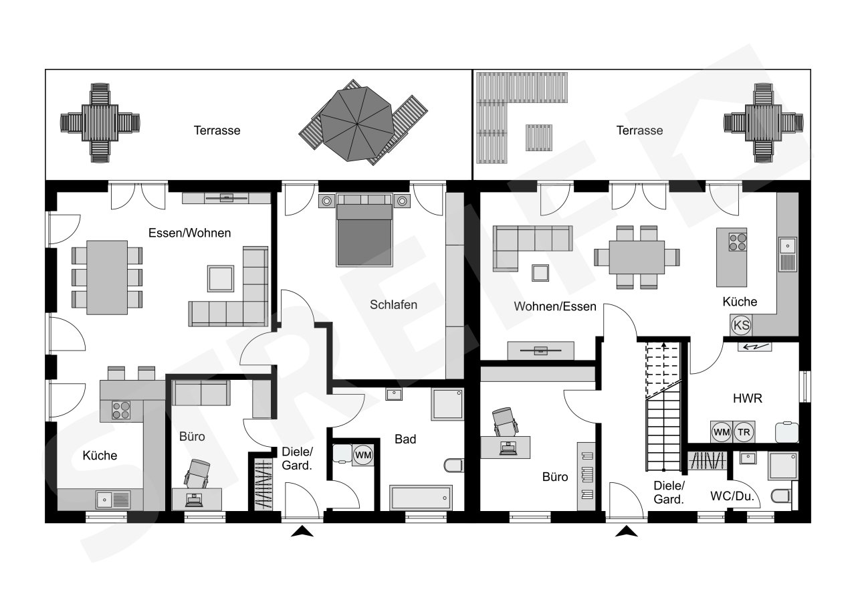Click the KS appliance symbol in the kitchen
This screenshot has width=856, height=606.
coord(741,325)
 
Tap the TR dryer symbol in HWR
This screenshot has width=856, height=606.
coord(743,432)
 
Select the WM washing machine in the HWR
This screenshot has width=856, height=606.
coord(722,432)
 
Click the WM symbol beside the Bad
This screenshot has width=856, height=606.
coord(363,455)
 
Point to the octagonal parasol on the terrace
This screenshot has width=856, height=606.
coord(357,124)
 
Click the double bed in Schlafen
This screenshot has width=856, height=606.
coord(364,229)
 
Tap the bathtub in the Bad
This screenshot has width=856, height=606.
coord(421,498)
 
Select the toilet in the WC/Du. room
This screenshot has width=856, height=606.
coord(784,496)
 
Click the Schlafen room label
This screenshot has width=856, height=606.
coord(393,304)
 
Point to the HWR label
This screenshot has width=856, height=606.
coord(748,399)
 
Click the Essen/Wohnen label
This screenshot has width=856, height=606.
coord(189,233)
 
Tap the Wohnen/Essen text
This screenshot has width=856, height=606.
coord(555,306)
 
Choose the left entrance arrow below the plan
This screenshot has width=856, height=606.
coord(302,531)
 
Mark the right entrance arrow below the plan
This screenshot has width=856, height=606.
coord(627,531)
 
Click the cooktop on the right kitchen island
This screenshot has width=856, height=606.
coord(738,242)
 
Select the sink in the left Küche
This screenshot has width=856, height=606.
coord(113,500)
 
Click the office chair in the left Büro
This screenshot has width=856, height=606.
coord(197,474)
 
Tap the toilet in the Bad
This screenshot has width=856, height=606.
coord(454,466)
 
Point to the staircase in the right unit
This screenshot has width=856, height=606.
coord(664,407)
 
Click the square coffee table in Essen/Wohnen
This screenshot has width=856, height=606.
coord(221,278)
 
